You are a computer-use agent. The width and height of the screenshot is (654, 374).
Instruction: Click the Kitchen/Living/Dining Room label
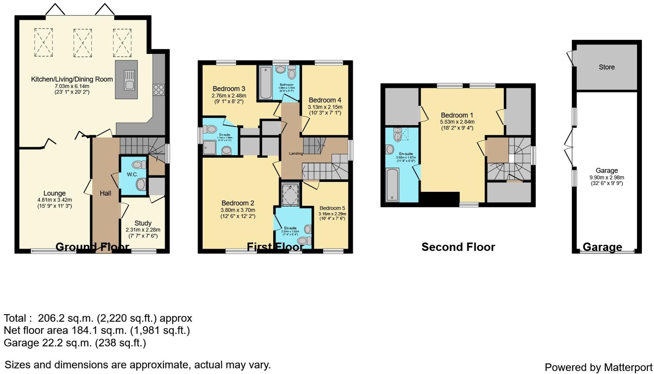(x=72, y=79)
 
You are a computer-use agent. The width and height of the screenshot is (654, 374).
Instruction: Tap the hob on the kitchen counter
(x=159, y=90)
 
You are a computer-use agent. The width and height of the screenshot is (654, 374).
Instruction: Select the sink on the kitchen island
(x=129, y=80)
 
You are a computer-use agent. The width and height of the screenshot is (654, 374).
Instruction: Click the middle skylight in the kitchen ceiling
(x=83, y=43)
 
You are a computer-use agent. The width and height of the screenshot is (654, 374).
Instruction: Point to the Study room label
(x=143, y=223)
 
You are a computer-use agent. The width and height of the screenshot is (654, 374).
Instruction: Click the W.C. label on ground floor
(x=132, y=174)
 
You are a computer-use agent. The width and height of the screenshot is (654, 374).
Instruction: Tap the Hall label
(x=105, y=193)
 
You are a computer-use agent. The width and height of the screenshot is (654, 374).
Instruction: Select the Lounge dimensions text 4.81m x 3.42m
(x=54, y=200)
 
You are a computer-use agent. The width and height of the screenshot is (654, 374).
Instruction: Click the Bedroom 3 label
(x=229, y=89)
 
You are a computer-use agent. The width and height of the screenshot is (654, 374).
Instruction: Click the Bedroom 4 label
(x=325, y=100)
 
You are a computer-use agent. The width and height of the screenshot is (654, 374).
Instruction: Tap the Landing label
(x=296, y=153)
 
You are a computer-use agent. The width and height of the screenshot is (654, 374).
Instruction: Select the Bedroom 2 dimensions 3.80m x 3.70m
(x=238, y=210)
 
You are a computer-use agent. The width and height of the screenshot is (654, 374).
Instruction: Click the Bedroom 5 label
(x=332, y=208)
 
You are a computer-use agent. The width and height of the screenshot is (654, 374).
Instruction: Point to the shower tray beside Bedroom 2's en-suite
(x=290, y=194)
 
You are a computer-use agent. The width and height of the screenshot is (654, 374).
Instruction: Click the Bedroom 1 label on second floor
(x=457, y=115)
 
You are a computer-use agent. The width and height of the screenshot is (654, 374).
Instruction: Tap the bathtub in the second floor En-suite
(x=392, y=185)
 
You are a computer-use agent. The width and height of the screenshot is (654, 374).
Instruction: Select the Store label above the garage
(x=607, y=67)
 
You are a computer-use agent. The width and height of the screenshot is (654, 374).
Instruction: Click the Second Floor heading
(x=458, y=247)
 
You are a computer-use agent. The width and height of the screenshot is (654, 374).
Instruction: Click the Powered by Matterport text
(x=598, y=367)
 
